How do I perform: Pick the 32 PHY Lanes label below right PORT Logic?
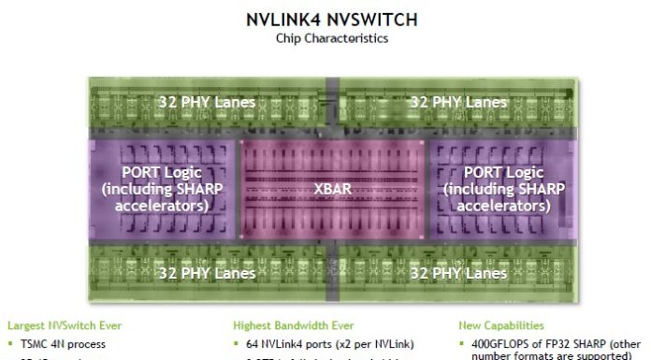(458, 273)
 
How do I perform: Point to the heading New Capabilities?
(499, 325)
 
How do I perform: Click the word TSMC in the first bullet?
(36, 343)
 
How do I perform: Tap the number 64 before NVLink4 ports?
(253, 343)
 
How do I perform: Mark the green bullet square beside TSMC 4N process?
(11, 343)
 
